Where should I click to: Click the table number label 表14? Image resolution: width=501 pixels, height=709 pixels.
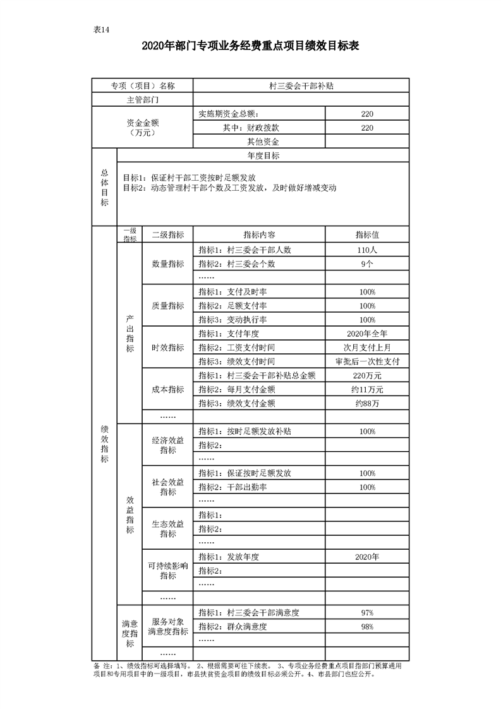tap(102, 30)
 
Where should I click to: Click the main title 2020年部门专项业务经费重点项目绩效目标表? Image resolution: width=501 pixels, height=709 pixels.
tap(251, 46)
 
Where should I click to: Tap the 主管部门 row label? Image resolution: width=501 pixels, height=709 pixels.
tap(142, 100)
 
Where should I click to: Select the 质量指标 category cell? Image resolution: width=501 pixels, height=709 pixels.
tap(167, 306)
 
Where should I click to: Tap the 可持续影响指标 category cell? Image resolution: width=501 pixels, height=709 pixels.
tap(167, 571)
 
